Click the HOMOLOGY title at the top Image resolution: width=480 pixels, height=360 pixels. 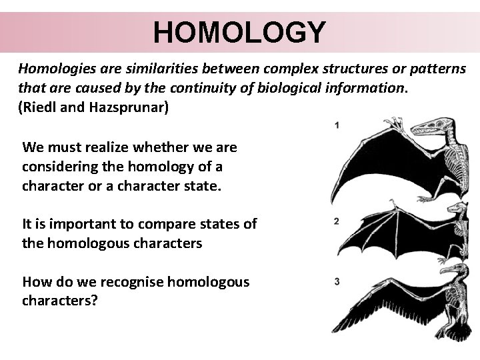(239, 31)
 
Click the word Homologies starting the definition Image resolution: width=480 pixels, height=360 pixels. (53, 69)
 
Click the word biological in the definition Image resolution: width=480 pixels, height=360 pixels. (293, 87)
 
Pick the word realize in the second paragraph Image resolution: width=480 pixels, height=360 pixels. (109, 146)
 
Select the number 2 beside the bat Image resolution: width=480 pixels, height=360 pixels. (337, 221)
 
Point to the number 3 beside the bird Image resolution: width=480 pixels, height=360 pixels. (337, 281)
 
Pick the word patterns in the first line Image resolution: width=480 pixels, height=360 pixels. (441, 69)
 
